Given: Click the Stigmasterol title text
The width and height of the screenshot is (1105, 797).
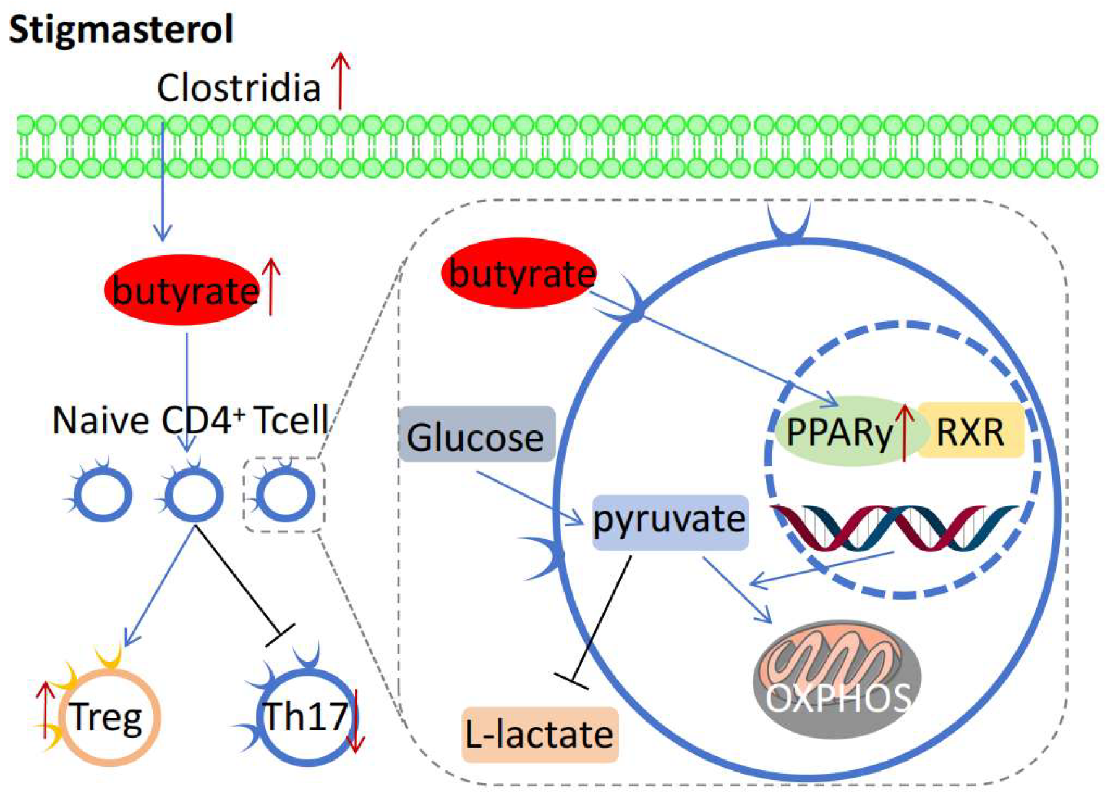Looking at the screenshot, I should pyautogui.click(x=121, y=30).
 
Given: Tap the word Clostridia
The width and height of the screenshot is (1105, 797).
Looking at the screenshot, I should pyautogui.click(x=239, y=88).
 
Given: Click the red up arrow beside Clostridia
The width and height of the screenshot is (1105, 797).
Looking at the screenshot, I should pyautogui.click(x=339, y=80).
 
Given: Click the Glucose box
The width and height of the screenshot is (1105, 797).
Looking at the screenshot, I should pyautogui.click(x=476, y=435).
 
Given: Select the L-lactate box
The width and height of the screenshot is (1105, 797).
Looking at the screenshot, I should pyautogui.click(x=539, y=734).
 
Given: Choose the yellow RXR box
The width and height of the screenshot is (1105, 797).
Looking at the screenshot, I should pyautogui.click(x=971, y=431).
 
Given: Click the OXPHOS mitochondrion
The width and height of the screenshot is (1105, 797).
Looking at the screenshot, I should pyautogui.click(x=837, y=679).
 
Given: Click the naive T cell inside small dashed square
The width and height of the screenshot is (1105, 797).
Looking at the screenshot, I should pyautogui.click(x=285, y=495).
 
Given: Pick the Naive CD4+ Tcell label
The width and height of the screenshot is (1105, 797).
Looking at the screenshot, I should pyautogui.click(x=190, y=421).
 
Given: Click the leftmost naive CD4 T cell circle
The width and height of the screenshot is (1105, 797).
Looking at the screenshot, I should pyautogui.click(x=102, y=495).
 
